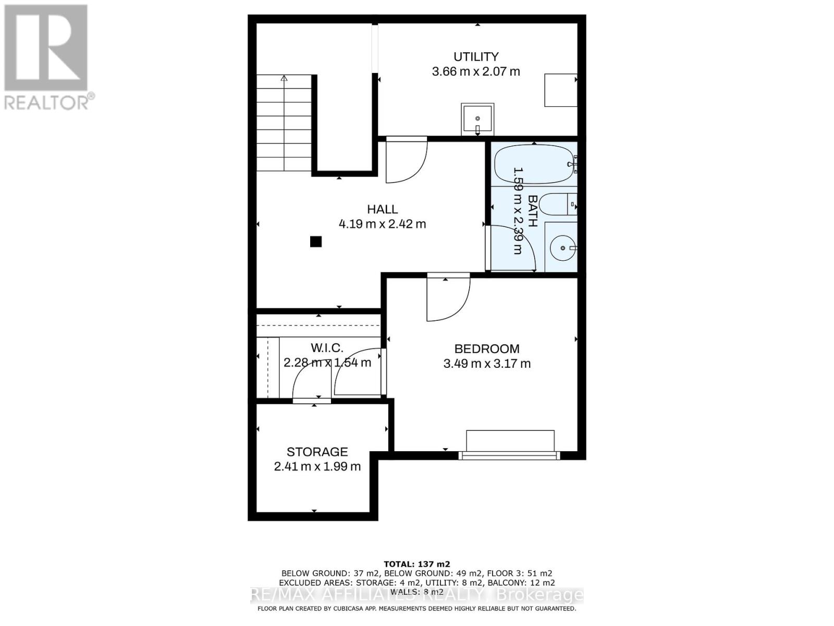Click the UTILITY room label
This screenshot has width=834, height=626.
(475, 56)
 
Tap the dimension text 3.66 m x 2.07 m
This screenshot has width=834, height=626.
(475, 71)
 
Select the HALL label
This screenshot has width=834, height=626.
(382, 209)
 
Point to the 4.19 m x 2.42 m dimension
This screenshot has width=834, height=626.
(382, 224)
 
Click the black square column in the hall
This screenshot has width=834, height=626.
(315, 242)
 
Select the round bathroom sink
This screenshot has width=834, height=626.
(562, 248)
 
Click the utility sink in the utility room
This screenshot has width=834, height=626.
(477, 119)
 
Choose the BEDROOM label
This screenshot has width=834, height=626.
(487, 348)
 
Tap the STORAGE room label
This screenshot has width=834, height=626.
(317, 452)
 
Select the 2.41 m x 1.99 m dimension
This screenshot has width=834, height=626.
(317, 466)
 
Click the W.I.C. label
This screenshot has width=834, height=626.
(327, 348)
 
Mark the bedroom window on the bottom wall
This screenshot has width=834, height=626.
(509, 455)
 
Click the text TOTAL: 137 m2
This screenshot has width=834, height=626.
(416, 564)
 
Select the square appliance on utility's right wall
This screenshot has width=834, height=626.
(560, 90)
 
